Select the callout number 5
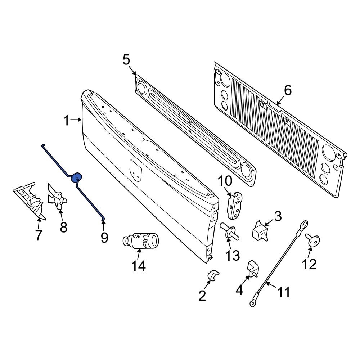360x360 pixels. tap(126, 59)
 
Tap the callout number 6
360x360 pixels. tap(288, 91)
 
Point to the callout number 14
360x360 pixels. tap(138, 266)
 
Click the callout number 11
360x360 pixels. tap(282, 292)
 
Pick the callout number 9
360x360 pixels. tap(104, 237)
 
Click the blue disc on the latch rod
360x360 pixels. tap(77, 177)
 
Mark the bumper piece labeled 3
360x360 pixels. tap(261, 231)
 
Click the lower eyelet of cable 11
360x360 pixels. tap(253, 303)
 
